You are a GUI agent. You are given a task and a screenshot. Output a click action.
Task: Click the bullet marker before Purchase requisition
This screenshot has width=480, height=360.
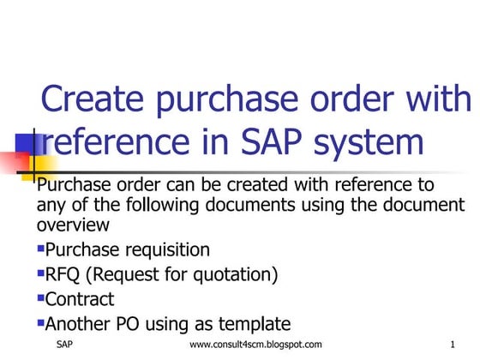(x=40, y=249)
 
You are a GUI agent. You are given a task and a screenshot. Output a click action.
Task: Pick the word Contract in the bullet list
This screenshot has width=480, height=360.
(x=79, y=299)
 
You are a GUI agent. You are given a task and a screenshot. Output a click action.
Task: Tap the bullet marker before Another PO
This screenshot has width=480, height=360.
(x=40, y=323)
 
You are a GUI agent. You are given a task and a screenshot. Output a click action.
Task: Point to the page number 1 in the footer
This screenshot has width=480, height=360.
(x=451, y=345)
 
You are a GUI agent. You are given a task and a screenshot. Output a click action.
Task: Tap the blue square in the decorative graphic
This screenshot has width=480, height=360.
(x=23, y=140)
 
